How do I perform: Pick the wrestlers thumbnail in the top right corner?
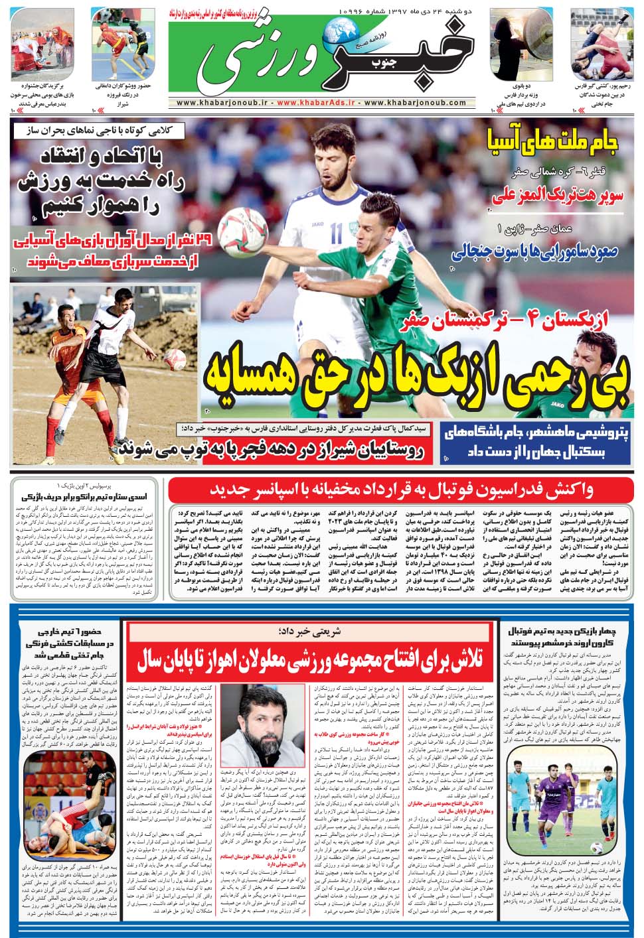603,44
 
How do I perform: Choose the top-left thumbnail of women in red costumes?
41,44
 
